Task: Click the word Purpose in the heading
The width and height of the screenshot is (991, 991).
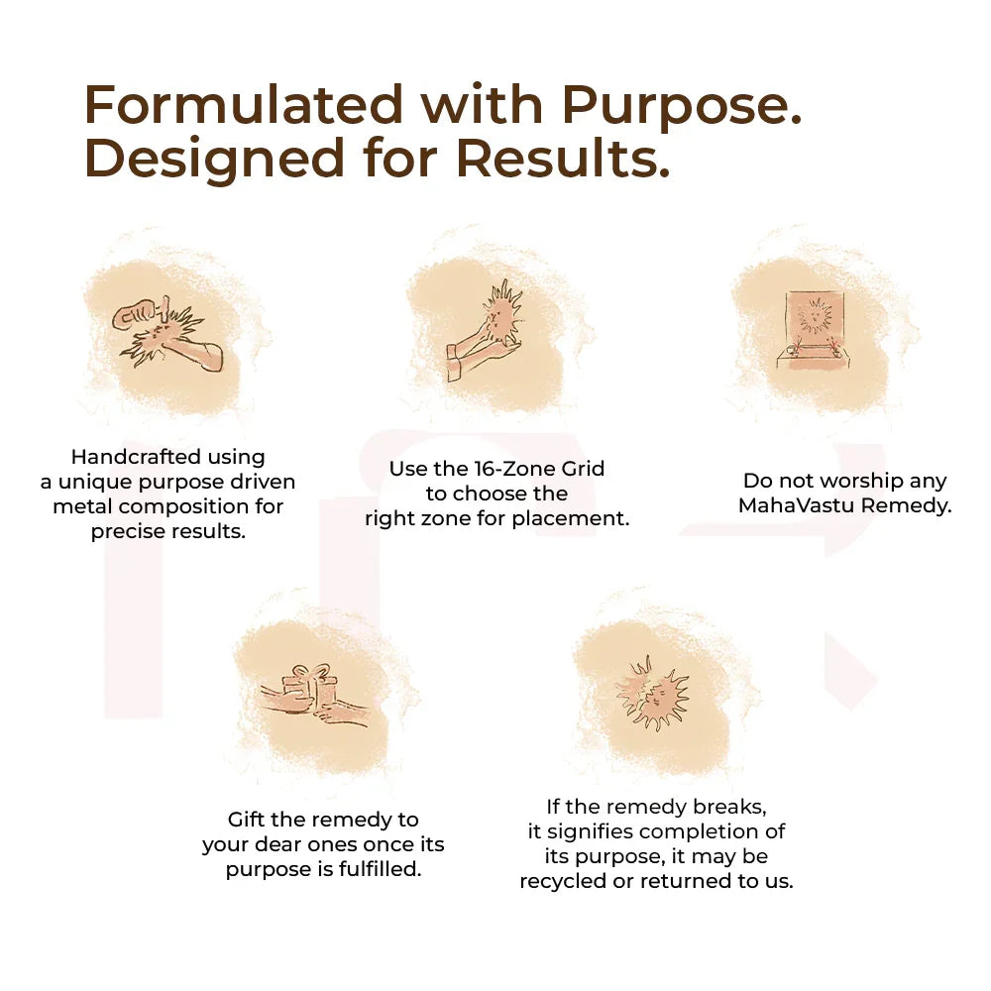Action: [x=681, y=105]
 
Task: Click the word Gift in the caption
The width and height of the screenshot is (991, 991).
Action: [x=248, y=820]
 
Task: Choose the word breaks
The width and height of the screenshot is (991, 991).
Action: [x=732, y=807]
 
